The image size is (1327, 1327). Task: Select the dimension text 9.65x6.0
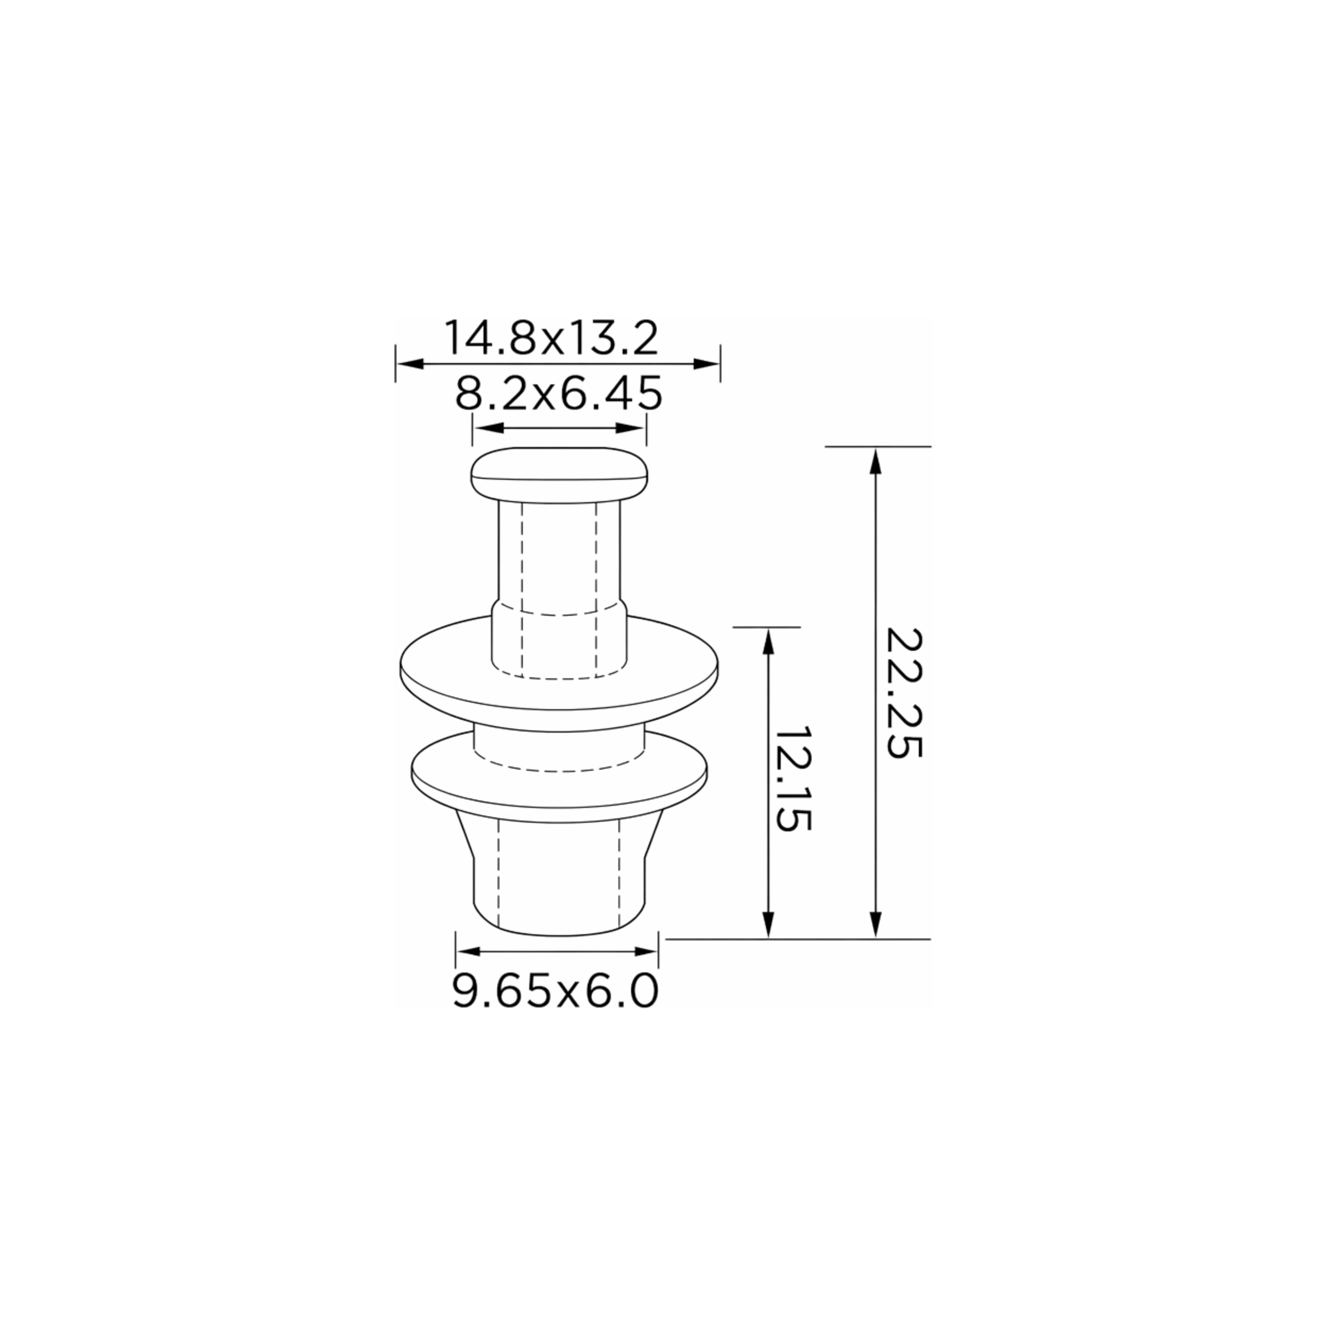[556, 991]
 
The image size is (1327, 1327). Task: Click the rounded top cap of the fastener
[559, 475]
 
